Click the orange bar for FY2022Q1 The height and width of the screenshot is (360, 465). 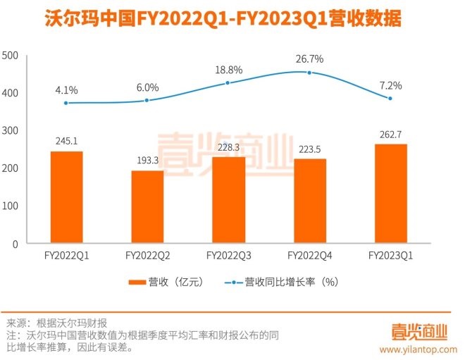[x=66, y=197]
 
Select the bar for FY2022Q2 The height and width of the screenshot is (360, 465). [x=147, y=207]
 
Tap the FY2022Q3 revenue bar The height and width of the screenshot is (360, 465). [x=229, y=200]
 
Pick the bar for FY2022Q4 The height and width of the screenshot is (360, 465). [x=310, y=201]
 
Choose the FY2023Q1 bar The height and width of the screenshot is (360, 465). [x=390, y=194]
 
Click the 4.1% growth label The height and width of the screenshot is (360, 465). [x=66, y=89]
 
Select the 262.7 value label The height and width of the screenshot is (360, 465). [x=390, y=134]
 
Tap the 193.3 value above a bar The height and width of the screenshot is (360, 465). [x=147, y=160]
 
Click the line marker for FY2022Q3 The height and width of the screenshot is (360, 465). [x=228, y=83]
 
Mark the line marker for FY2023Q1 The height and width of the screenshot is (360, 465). [x=390, y=99]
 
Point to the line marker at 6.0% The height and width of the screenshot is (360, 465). [x=147, y=100]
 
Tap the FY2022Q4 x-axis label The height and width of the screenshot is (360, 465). [x=310, y=256]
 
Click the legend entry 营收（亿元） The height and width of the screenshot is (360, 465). [x=165, y=283]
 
